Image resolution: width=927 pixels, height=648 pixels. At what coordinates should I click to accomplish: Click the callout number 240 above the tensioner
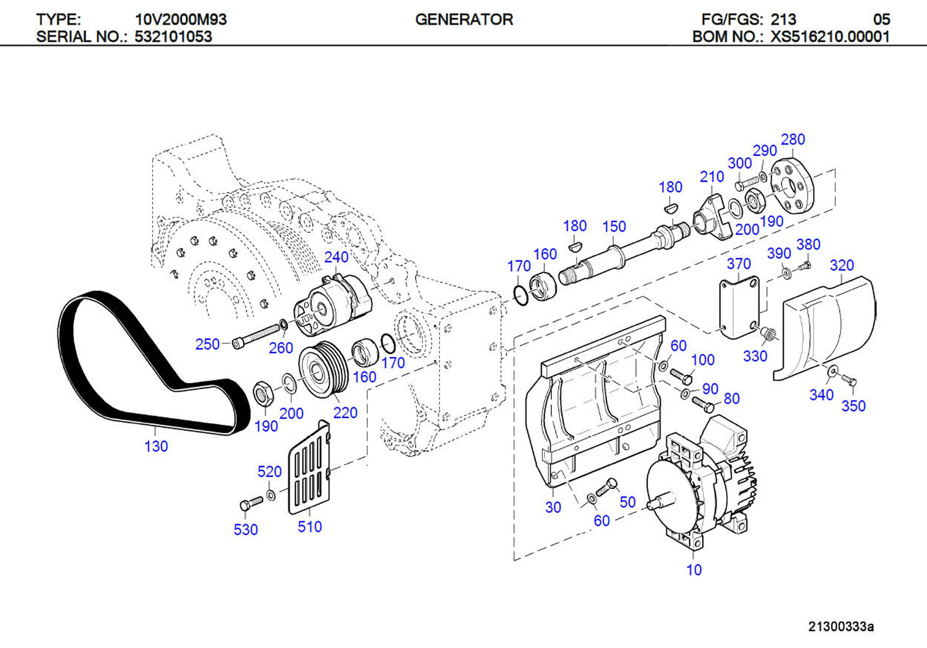pos(336,257)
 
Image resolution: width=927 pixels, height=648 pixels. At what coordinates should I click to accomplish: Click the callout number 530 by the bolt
pos(246,529)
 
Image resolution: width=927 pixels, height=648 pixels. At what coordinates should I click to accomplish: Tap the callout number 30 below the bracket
pos(553,507)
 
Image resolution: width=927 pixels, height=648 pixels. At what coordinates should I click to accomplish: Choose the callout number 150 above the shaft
pos(614,227)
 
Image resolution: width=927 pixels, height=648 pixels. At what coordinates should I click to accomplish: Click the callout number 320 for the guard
pos(842,265)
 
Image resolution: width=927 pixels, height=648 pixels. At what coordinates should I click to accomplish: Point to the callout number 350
pos(853,406)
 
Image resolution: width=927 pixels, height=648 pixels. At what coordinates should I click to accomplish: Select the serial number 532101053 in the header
pos(173,37)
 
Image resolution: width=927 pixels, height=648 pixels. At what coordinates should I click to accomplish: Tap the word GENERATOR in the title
pos(464,20)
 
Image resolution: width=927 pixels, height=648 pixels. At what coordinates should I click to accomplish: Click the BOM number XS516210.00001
pos(830,37)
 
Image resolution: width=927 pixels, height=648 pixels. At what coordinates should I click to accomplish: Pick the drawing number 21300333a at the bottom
pos(841,627)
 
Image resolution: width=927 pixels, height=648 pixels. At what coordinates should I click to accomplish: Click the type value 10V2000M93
pos(181,20)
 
